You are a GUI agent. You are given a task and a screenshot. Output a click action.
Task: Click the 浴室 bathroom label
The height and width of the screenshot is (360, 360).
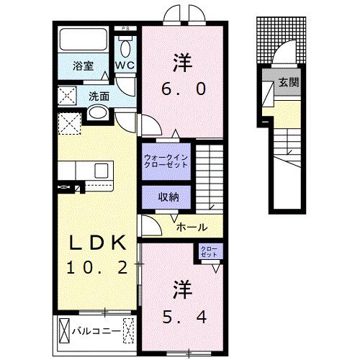click(x=83, y=66)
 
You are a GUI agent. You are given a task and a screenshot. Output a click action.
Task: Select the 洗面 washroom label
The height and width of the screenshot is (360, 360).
click(x=100, y=96)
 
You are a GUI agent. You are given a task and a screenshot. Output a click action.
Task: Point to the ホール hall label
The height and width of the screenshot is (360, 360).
click(x=192, y=225)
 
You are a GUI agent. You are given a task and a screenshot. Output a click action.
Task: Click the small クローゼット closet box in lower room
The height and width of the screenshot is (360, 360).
click(x=209, y=252)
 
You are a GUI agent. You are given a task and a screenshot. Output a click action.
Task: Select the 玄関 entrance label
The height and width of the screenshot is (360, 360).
click(x=289, y=82)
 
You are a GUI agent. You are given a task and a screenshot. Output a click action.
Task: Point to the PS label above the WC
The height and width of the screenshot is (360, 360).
click(x=125, y=29)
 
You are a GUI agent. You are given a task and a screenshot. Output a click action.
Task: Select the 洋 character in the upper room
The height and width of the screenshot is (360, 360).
click(x=180, y=61)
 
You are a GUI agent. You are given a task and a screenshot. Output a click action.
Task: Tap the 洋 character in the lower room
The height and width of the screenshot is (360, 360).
click(x=180, y=289)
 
